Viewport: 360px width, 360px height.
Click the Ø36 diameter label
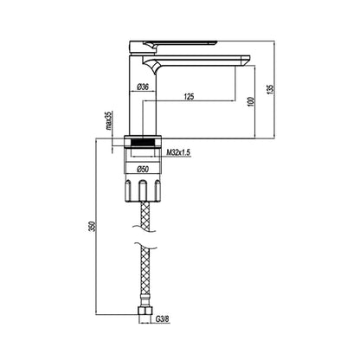(143, 87)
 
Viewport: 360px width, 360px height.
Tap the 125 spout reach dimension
(189, 97)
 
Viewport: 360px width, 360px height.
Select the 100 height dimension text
(252, 102)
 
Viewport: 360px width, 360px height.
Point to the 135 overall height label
(270, 89)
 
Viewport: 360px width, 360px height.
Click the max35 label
(108, 120)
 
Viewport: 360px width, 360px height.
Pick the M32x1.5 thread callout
(178, 152)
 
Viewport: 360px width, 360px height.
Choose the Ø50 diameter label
(143, 170)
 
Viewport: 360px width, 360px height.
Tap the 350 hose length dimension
(92, 227)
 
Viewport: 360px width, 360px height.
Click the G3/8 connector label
(163, 319)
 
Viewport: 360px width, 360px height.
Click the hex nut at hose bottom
(145, 311)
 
